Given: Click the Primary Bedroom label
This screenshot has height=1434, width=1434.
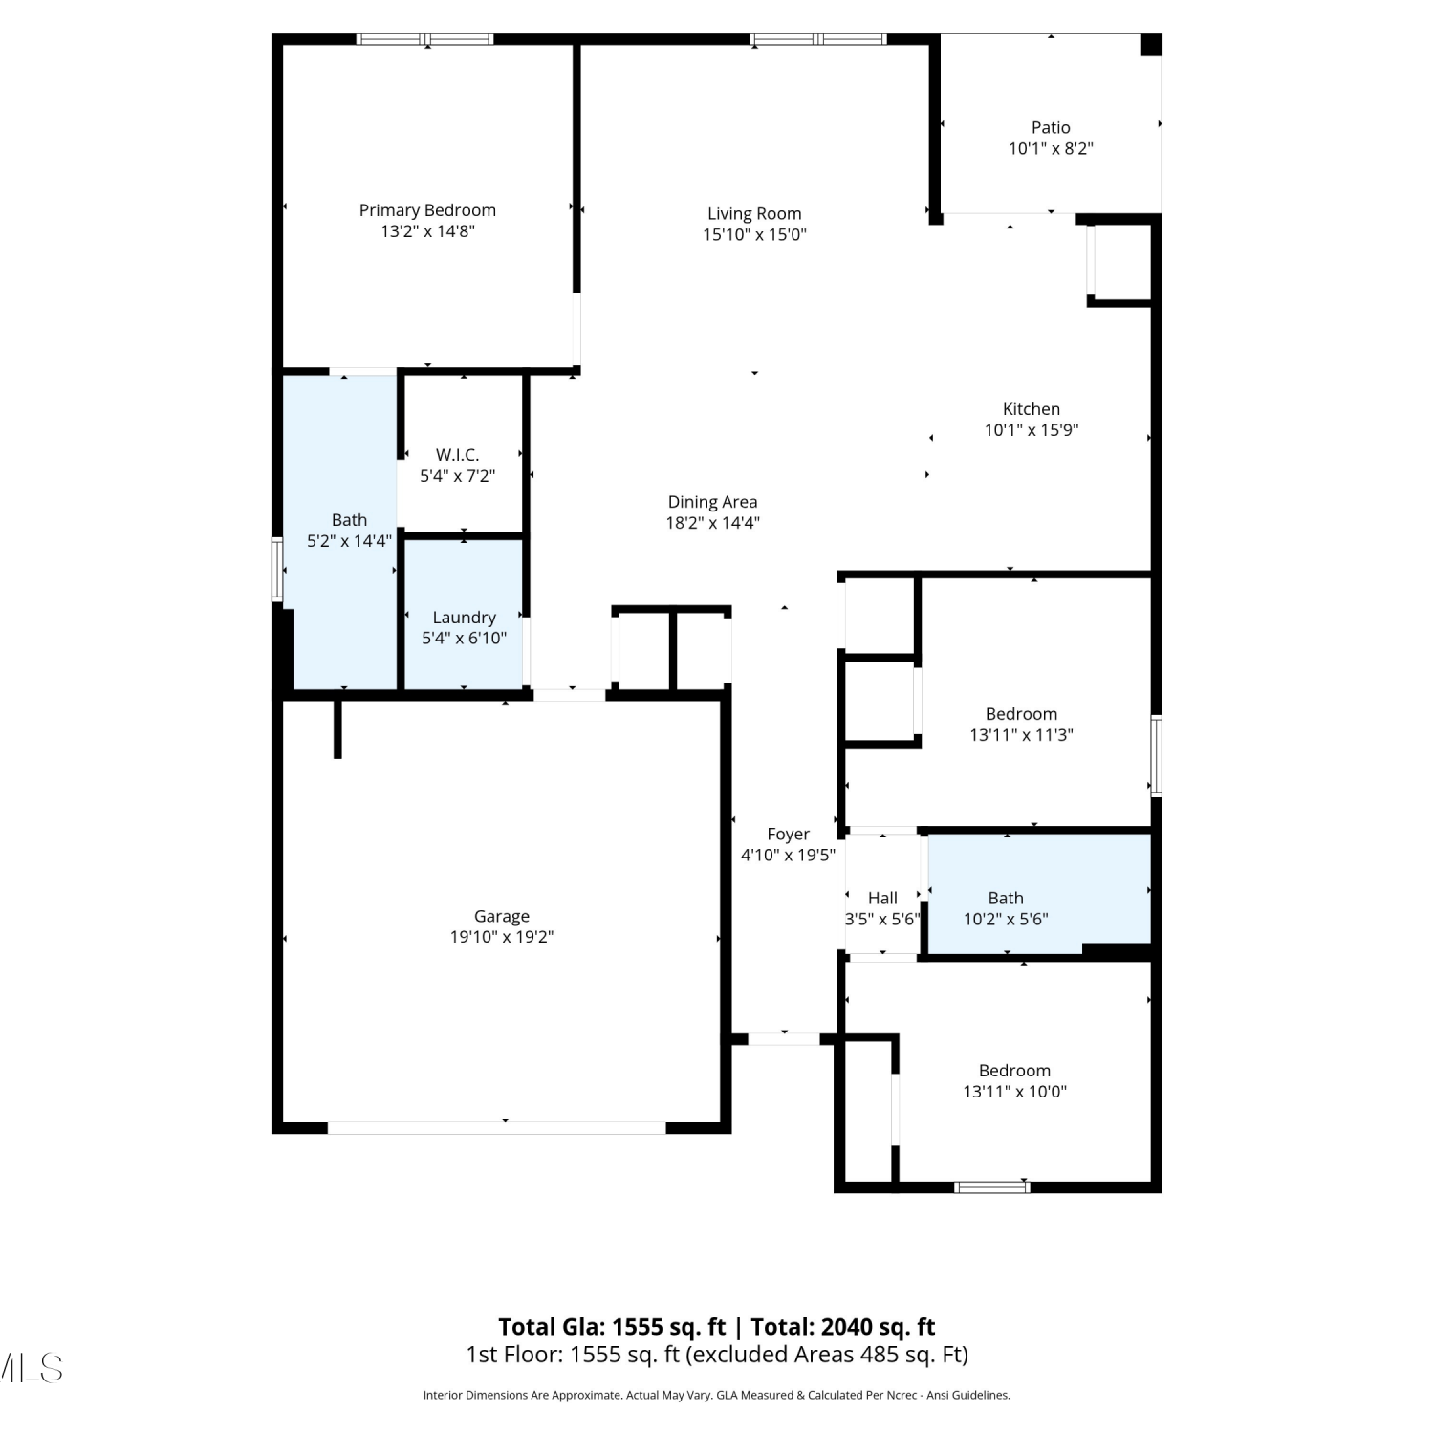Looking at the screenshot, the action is click(427, 210).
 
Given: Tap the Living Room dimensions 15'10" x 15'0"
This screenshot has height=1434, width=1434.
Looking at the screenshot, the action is click(754, 235).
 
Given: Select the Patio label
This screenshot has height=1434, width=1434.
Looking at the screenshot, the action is click(1051, 127).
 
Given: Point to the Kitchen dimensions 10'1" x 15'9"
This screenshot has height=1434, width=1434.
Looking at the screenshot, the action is click(1032, 430).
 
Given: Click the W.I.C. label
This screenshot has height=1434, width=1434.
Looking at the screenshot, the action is click(457, 455).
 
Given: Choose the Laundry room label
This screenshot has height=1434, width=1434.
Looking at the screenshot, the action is click(464, 618).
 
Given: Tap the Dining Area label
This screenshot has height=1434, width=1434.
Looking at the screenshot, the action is click(712, 502).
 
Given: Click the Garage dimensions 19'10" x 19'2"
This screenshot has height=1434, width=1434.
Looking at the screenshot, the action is click(502, 937).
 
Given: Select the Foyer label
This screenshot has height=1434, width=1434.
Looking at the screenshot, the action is click(788, 835).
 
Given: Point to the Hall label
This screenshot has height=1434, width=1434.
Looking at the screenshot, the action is click(882, 898).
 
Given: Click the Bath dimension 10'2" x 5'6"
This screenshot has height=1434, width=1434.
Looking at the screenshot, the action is click(1006, 919).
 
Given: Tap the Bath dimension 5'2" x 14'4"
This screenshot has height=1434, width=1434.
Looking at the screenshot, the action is click(349, 541).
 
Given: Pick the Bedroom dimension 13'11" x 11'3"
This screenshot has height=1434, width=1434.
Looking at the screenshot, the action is click(1021, 735).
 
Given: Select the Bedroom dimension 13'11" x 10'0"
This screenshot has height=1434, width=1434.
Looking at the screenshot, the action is click(1014, 1092).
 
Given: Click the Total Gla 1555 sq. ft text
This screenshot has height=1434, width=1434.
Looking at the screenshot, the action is click(612, 1327).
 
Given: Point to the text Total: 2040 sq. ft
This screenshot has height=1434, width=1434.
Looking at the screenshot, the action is click(843, 1327).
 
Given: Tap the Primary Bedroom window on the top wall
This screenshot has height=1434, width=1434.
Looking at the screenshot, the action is click(425, 39).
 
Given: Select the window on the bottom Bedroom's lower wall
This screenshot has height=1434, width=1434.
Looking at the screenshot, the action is click(992, 1187).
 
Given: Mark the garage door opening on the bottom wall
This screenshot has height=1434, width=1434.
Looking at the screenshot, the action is click(497, 1128).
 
